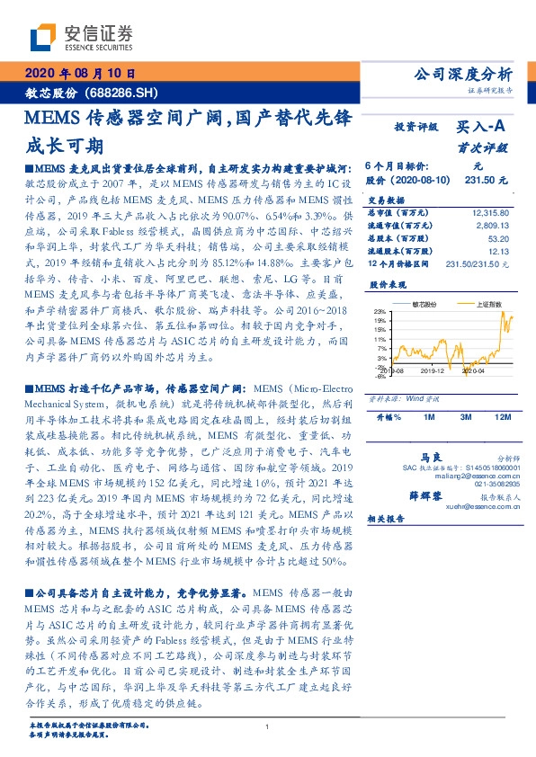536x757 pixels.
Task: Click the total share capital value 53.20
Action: tap(498, 240)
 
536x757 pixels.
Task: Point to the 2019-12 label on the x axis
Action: tap(433, 369)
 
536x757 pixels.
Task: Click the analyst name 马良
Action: tap(438, 458)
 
